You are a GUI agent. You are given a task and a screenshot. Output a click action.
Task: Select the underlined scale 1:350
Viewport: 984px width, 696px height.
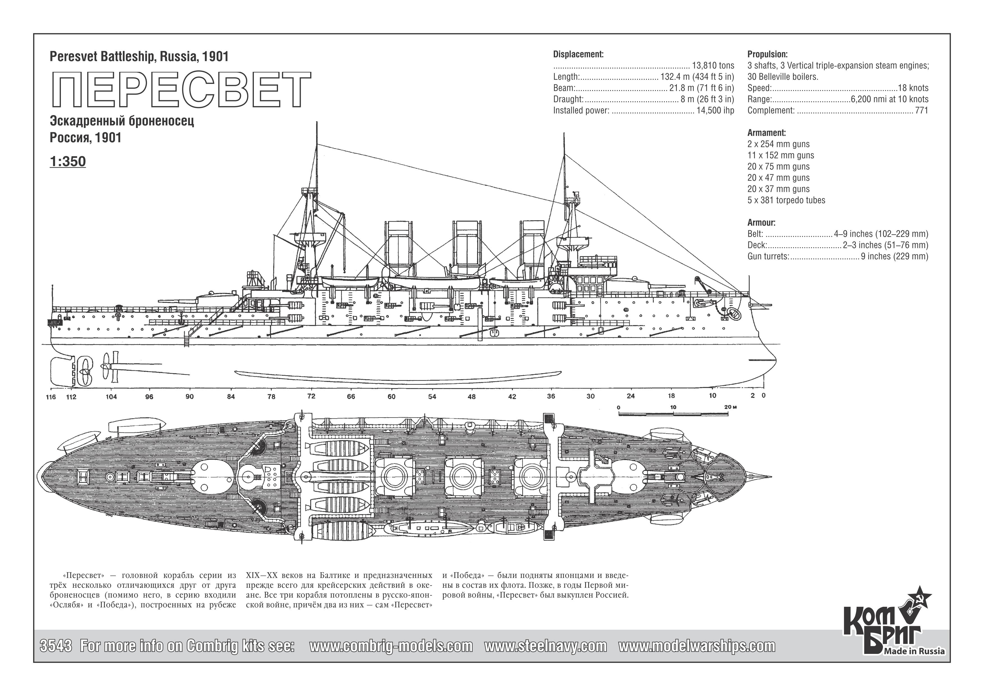click(68, 162)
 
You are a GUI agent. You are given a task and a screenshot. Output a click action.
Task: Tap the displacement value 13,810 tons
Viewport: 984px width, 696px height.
click(713, 66)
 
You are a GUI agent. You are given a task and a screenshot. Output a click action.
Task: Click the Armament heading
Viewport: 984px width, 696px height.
click(767, 133)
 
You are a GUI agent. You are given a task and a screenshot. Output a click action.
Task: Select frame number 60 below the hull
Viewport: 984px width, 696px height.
click(391, 397)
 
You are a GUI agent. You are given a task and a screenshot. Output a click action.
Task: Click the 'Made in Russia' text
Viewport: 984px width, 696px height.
click(921, 651)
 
